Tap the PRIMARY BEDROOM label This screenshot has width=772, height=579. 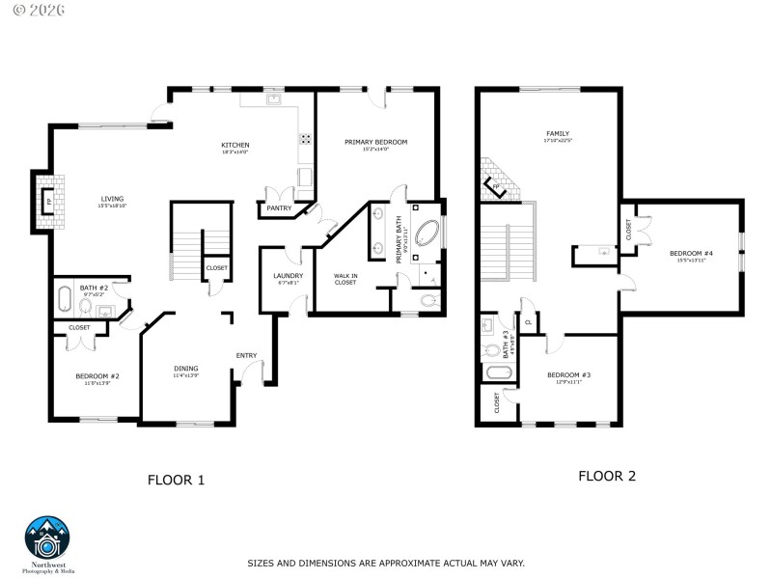point(376,142)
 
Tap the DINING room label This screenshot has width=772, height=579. point(186,369)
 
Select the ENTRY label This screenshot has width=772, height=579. point(247,355)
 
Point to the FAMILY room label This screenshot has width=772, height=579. point(558,134)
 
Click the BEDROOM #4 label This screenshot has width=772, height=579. point(691,254)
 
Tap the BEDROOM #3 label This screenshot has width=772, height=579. point(568,375)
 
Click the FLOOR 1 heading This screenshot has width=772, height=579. point(176,479)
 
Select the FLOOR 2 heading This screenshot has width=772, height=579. point(606,476)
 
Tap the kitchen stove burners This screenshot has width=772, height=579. point(306,138)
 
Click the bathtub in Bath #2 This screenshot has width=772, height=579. point(65,300)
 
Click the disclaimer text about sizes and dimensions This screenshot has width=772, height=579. point(386,562)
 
